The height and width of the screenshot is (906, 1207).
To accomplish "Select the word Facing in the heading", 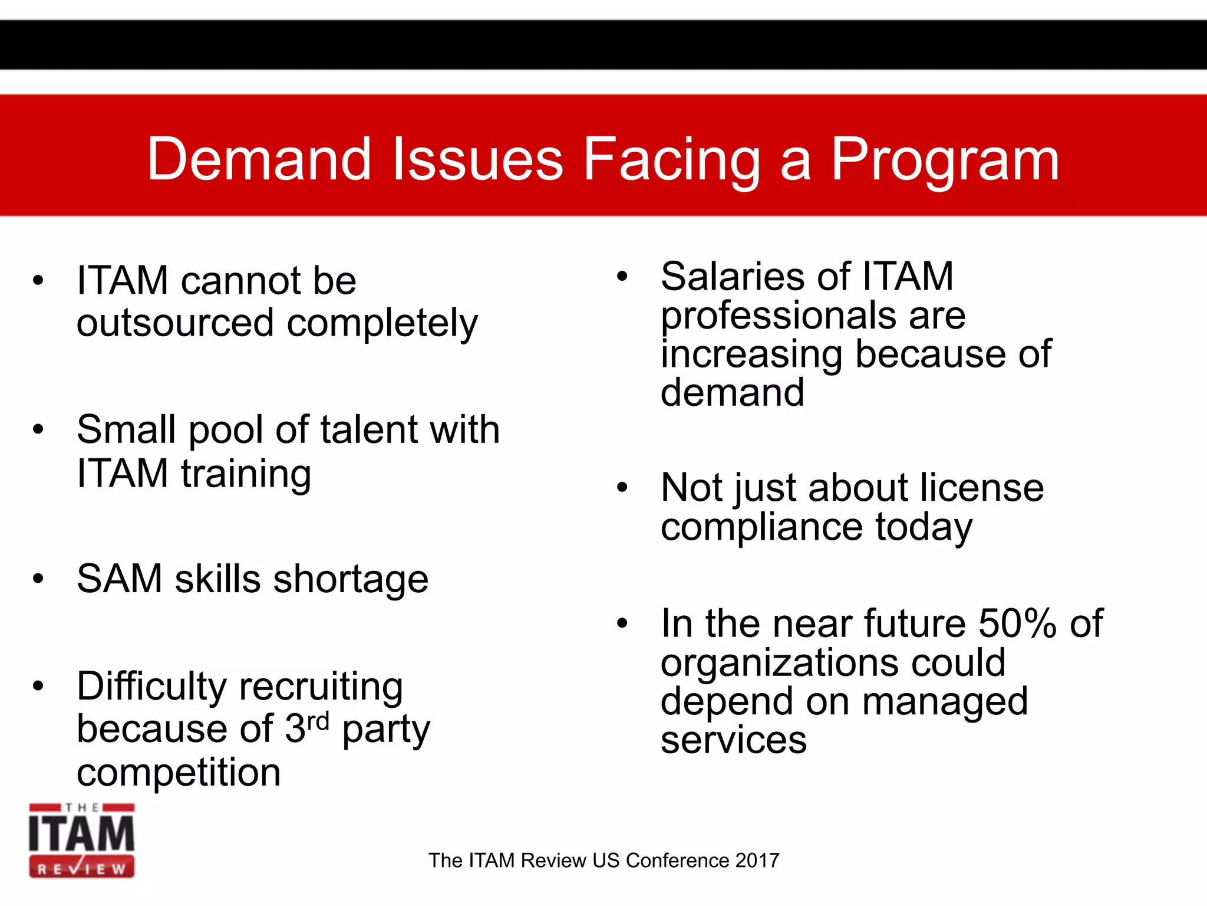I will tap(672, 160).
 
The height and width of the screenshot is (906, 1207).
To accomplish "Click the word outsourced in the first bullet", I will tap(175, 323).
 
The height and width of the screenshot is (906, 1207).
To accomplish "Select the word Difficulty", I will tap(151, 687).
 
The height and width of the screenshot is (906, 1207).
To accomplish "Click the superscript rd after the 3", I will tap(318, 721).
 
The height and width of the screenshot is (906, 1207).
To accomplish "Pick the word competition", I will tap(179, 772).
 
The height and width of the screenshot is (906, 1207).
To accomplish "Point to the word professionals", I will tap(813, 316).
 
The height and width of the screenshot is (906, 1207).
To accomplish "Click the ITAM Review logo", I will tap(82, 840).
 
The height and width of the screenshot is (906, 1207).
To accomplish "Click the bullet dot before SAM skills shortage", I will tap(39, 579).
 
